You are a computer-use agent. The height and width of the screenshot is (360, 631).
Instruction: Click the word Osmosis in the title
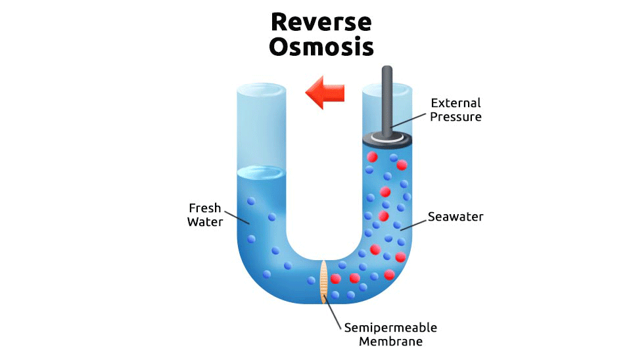coord(321,47)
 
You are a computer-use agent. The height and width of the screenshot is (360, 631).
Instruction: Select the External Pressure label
coord(456,110)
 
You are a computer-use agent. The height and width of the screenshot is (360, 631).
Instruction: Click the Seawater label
coord(456,216)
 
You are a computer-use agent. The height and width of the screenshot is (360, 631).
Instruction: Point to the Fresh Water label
coord(205,214)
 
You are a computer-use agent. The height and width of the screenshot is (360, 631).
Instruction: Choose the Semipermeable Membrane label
coord(390,334)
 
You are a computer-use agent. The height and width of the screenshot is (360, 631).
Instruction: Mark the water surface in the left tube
coord(262,173)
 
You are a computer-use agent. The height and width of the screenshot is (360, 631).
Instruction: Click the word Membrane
coord(391,342)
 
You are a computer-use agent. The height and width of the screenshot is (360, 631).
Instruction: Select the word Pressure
coord(456,117)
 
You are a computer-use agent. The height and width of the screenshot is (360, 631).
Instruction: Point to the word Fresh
coord(205,208)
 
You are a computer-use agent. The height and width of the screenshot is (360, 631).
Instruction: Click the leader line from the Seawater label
coord(413,223)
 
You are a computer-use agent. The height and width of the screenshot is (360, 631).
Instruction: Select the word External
coord(456,103)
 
